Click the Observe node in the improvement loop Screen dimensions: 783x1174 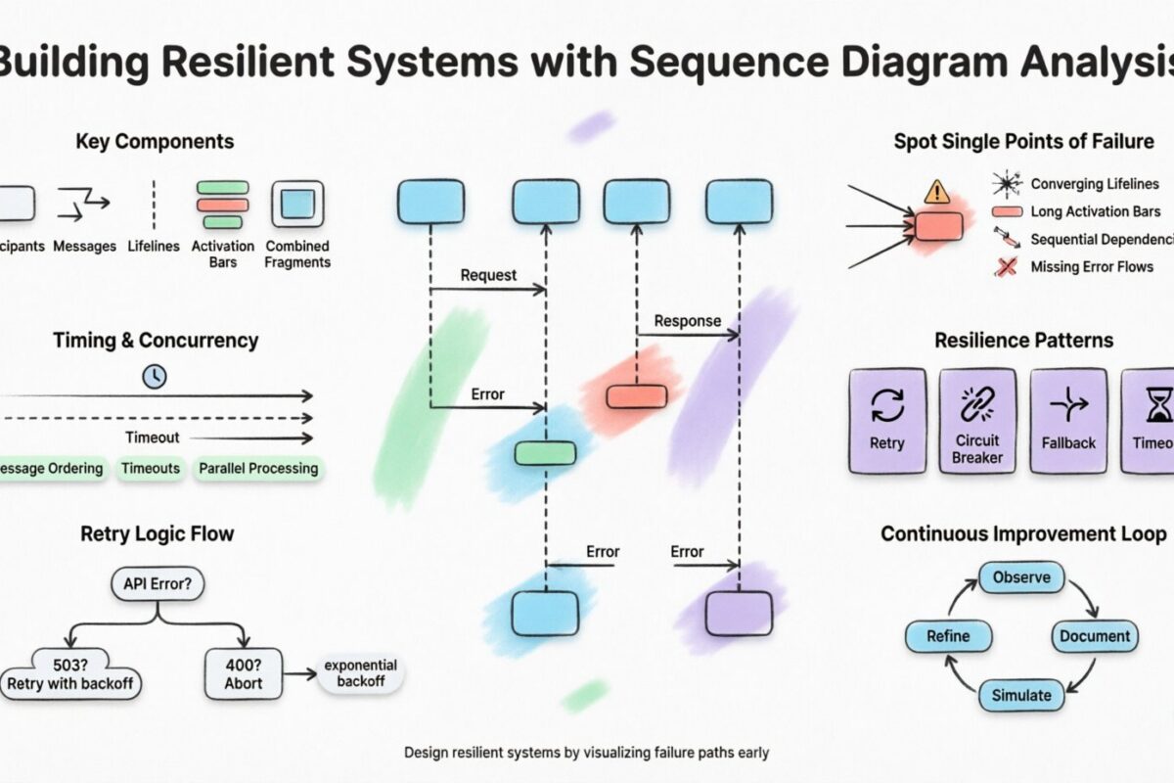(x=1020, y=577)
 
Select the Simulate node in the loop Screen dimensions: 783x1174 (x=1020, y=695)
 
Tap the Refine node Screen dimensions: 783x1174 (x=947, y=636)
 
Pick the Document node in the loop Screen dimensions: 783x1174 (x=1095, y=636)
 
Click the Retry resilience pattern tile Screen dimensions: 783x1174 (x=887, y=421)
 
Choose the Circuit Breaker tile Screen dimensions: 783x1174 (x=977, y=421)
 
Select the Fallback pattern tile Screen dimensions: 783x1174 (x=1068, y=421)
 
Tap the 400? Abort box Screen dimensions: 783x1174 (x=243, y=672)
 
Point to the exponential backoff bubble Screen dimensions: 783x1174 (x=356, y=672)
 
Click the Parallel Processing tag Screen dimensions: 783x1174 (x=258, y=469)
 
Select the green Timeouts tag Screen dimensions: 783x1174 (x=151, y=469)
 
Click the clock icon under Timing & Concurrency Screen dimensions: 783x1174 (x=154, y=375)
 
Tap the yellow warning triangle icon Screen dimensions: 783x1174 (x=937, y=190)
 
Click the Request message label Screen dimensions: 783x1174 (x=488, y=275)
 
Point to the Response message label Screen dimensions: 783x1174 (x=687, y=320)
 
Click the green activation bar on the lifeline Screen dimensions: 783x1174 (x=545, y=452)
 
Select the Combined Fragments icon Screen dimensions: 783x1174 (x=297, y=205)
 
